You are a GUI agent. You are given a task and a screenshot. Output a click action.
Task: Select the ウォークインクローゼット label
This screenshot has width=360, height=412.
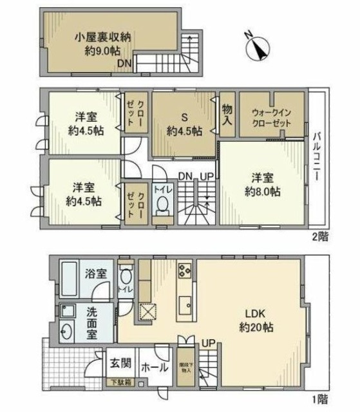click(271, 116)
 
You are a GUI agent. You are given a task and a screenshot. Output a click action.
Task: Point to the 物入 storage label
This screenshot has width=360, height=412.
click(227, 114)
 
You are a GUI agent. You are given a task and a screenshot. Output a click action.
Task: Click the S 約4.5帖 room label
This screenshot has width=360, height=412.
click(184, 124)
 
